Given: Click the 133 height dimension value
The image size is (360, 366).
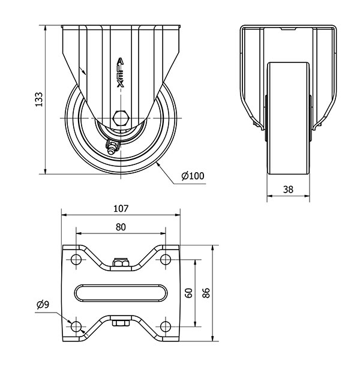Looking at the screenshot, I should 38,100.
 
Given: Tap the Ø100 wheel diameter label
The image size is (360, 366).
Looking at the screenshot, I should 193,176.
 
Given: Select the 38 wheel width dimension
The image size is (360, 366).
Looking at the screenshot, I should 288,189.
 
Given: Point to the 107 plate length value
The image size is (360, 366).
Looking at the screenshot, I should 121,209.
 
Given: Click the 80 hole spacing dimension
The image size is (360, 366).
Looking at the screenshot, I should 121,227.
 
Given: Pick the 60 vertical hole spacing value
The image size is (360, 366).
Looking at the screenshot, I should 189,293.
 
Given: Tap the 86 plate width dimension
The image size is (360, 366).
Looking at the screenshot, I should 206,293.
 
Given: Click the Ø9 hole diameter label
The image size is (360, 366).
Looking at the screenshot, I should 43,305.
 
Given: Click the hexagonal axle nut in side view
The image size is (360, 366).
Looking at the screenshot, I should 121,118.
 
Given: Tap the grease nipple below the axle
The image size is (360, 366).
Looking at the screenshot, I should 112,146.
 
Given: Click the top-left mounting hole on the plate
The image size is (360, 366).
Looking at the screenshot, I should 76,259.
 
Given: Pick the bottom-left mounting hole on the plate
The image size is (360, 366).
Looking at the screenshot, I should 76,326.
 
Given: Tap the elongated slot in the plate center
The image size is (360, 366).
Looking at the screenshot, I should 121,293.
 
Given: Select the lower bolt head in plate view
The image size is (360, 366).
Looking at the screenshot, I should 121,324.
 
